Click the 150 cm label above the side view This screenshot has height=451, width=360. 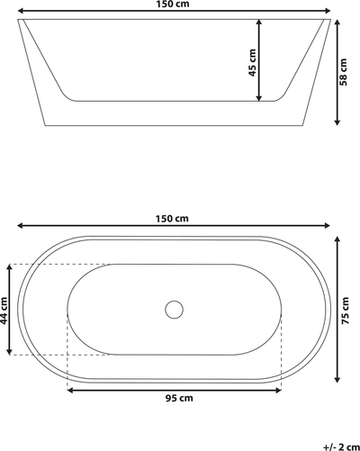(173, 4)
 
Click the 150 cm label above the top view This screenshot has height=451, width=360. (172, 219)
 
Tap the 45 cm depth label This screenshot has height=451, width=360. (253, 62)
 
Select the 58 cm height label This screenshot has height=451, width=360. (343, 72)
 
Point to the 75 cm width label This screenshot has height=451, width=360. (345, 311)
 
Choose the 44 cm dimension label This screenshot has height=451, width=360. (4, 311)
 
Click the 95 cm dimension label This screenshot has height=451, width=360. (179, 398)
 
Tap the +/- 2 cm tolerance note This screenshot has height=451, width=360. (342, 446)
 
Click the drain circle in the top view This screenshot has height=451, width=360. (174, 310)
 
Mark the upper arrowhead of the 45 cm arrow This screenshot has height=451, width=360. (259, 22)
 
